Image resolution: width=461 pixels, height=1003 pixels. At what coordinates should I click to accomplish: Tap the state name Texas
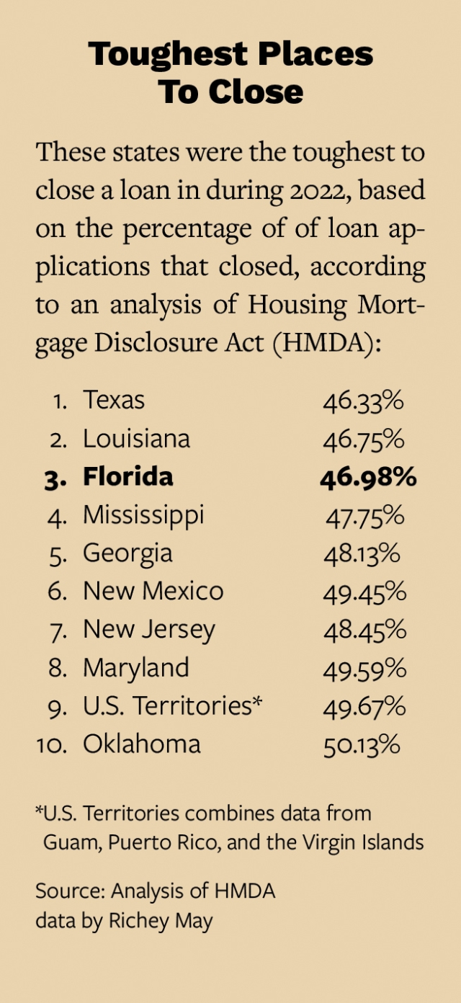(x=114, y=400)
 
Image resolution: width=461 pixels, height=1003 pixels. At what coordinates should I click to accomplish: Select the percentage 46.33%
(x=363, y=401)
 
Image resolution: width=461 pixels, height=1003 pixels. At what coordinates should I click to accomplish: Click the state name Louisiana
(x=136, y=438)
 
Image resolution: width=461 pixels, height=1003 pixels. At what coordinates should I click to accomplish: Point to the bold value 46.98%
(x=367, y=477)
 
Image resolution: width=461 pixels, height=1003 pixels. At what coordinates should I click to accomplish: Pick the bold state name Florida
(x=128, y=476)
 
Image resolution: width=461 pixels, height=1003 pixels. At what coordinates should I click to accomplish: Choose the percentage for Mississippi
(x=364, y=515)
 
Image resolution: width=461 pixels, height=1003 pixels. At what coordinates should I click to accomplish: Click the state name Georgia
(x=127, y=553)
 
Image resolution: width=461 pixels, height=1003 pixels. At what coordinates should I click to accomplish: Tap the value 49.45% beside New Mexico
(x=364, y=592)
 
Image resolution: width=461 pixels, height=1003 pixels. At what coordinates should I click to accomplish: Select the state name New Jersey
(x=148, y=630)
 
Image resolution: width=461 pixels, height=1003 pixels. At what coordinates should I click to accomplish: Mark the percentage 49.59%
(x=364, y=669)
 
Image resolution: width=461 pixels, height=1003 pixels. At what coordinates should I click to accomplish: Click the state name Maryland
(x=135, y=668)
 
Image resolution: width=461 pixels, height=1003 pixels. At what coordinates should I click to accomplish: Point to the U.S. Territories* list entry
(x=172, y=706)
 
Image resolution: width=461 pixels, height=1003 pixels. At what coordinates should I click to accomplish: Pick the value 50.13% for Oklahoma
(x=362, y=744)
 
